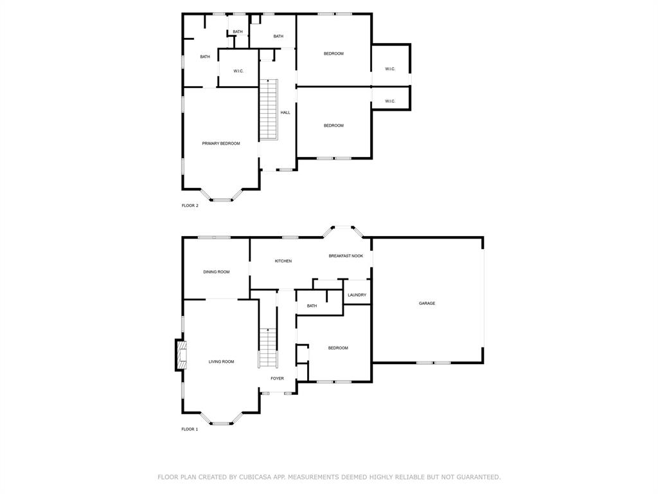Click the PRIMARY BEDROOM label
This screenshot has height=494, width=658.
[x=221, y=143]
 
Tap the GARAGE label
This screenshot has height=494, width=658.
[x=427, y=303]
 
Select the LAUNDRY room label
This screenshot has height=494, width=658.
[x=357, y=295]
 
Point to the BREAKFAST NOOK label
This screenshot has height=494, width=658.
[x=346, y=256]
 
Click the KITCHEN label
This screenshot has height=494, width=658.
[x=283, y=261]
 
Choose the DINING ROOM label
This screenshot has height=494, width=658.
[x=217, y=272]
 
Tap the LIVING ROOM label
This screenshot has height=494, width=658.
[x=221, y=361]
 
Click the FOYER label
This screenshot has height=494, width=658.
[x=277, y=378]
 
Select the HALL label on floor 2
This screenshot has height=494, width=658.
[x=285, y=113]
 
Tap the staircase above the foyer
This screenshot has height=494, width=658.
[x=267, y=347]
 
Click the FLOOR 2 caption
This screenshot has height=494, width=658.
[x=190, y=206]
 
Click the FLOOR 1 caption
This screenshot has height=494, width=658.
[x=190, y=429]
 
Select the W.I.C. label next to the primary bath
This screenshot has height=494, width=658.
[x=238, y=71]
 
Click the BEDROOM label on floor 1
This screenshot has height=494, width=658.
[x=338, y=348]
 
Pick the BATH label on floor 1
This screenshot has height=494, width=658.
[x=312, y=306]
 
